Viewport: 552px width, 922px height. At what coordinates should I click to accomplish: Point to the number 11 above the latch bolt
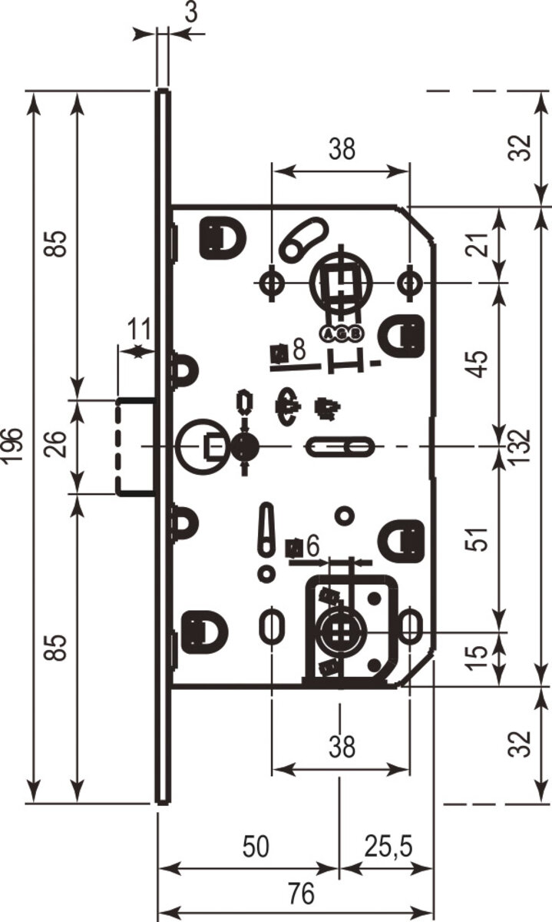(x=138, y=330)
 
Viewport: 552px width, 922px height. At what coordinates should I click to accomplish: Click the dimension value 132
(x=522, y=446)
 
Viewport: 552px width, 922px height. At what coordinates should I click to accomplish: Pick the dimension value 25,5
(x=388, y=847)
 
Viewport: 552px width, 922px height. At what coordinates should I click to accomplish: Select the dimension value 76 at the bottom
(x=302, y=894)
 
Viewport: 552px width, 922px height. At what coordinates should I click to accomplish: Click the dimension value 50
(x=255, y=847)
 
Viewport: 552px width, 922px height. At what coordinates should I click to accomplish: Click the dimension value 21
(x=478, y=244)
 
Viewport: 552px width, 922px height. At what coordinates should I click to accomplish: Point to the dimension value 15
(x=478, y=655)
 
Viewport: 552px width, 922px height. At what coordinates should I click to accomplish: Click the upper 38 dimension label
(x=342, y=149)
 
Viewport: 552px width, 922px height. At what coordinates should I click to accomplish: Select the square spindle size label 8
(x=299, y=349)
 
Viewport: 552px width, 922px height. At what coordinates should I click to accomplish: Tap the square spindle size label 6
(x=311, y=546)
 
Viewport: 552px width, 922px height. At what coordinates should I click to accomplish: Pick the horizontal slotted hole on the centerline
(x=341, y=446)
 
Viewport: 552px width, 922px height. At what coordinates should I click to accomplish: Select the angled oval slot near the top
(x=302, y=237)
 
